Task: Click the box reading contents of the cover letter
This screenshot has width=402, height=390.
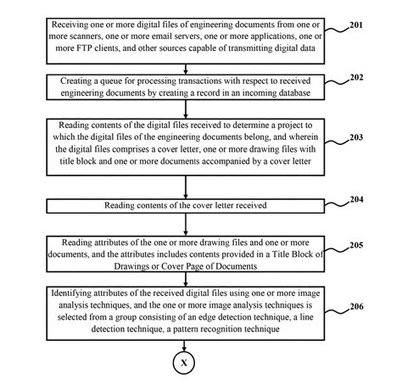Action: point(184,205)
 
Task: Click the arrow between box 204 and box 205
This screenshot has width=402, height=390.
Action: point(184,222)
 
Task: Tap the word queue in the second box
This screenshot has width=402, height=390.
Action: point(103,77)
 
